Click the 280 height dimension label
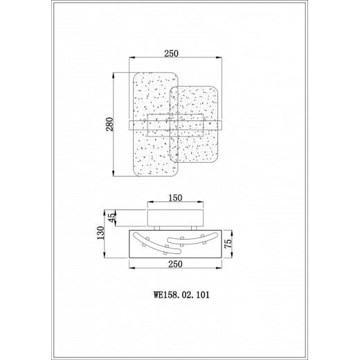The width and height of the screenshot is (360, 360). (x=110, y=125)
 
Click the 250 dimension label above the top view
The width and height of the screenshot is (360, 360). (x=171, y=53)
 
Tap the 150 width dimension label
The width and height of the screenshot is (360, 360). (x=175, y=198)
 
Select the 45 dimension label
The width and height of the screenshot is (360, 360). (x=111, y=217)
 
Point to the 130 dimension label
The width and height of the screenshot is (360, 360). (x=101, y=233)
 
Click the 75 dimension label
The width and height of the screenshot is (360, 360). (x=228, y=244)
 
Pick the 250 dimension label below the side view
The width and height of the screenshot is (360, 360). (x=175, y=264)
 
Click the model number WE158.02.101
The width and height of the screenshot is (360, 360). (x=181, y=295)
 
